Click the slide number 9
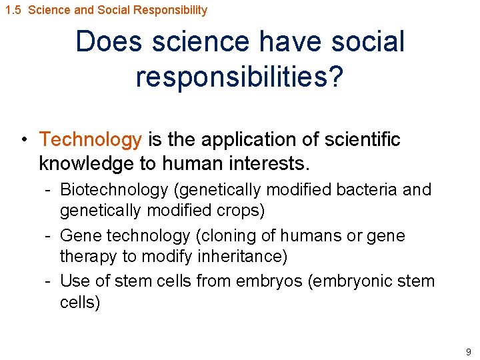[x=469, y=351]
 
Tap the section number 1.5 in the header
[x=13, y=10]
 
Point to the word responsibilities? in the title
[x=239, y=77]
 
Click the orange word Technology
[x=91, y=139]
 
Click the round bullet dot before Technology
[x=23, y=140]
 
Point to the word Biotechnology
[x=114, y=189]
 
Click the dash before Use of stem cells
[x=49, y=281]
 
